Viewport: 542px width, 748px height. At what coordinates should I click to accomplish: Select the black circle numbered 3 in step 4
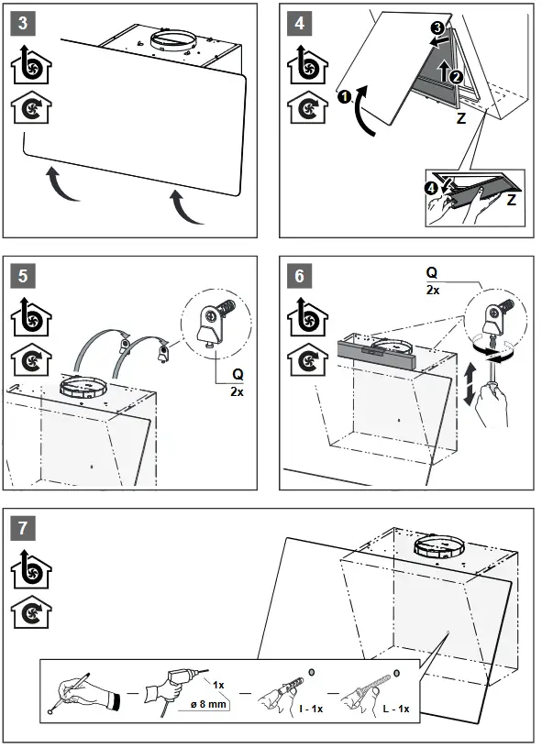point(437,29)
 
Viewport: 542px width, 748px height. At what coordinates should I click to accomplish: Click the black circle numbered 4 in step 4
point(433,190)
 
